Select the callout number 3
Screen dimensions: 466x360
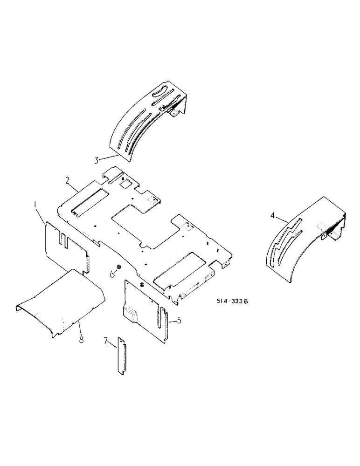pos(96,161)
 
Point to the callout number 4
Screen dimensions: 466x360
pos(272,215)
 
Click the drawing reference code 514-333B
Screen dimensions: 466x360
pos(231,302)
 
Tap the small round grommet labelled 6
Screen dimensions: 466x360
pos(118,267)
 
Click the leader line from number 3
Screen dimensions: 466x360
pos(106,157)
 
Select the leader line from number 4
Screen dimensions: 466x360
pos(282,221)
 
